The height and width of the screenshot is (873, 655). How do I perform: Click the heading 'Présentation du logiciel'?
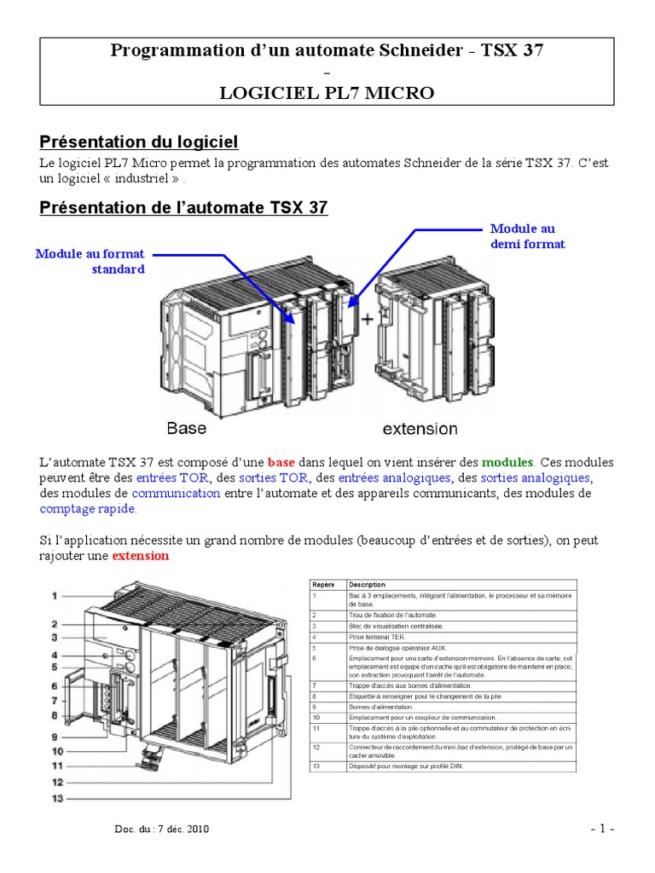(139, 142)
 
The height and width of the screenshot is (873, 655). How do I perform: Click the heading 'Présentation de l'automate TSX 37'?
(183, 207)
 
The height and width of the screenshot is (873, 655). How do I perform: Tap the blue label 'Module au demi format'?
(527, 236)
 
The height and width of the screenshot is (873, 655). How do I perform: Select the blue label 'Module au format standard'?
(90, 261)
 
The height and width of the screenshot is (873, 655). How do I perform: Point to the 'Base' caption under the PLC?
(186, 428)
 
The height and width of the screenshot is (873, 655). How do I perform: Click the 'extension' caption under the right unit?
(420, 428)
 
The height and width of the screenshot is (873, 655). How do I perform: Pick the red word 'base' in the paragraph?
(281, 462)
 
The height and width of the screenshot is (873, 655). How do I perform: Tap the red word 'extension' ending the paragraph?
(141, 556)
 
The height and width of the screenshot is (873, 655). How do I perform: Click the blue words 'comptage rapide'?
(87, 509)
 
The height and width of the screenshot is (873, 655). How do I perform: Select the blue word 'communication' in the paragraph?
(176, 494)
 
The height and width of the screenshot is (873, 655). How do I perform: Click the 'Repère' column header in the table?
(323, 585)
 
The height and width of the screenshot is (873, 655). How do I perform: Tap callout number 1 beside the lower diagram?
(53, 595)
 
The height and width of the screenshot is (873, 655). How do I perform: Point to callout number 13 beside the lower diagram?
(55, 798)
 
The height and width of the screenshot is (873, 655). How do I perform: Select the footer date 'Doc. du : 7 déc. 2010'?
(161, 829)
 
